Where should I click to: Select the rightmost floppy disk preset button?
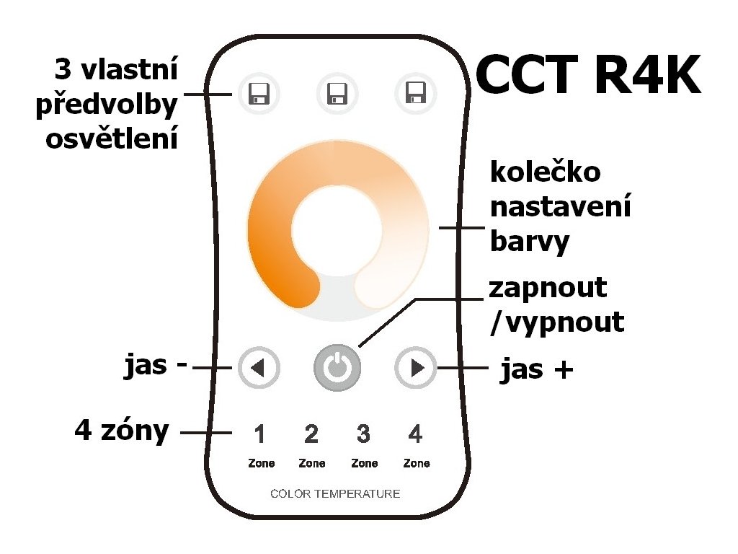(414, 94)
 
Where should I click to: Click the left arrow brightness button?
(257, 369)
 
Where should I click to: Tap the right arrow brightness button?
(416, 369)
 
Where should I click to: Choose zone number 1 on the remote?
(260, 434)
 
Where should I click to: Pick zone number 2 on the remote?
(311, 434)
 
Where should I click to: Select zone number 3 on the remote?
(363, 434)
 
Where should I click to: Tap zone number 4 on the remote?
(415, 434)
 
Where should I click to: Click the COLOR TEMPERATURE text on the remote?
(335, 494)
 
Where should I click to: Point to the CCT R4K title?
(588, 76)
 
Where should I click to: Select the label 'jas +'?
(537, 370)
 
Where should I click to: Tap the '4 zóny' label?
(122, 431)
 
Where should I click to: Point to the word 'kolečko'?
(546, 172)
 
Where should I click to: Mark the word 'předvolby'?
(107, 105)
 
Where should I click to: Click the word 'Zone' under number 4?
(417, 464)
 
